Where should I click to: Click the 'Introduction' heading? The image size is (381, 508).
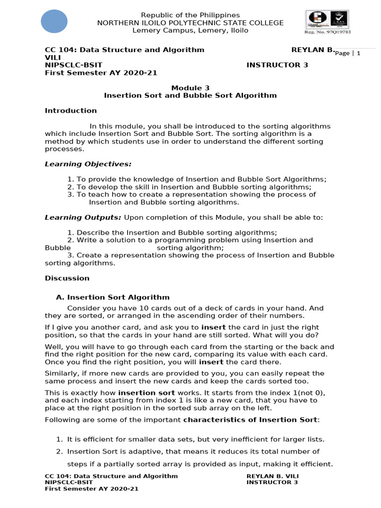coord(71,111)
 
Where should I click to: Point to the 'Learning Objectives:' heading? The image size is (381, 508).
coord(88,164)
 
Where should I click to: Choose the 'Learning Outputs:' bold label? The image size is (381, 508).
coord(83,217)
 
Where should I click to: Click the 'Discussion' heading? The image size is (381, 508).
coord(67,278)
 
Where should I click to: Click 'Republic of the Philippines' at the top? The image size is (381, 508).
coord(190,15)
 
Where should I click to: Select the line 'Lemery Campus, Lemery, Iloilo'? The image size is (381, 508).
coord(190,30)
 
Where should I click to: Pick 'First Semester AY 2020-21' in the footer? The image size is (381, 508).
coord(92,489)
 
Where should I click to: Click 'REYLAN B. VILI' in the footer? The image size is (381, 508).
coord(273,476)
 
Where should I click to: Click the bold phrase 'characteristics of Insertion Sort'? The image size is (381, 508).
coord(250,420)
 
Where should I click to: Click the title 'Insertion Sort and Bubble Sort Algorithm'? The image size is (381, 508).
coord(190,95)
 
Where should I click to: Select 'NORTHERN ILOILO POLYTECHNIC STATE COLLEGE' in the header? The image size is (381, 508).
coord(190,23)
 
